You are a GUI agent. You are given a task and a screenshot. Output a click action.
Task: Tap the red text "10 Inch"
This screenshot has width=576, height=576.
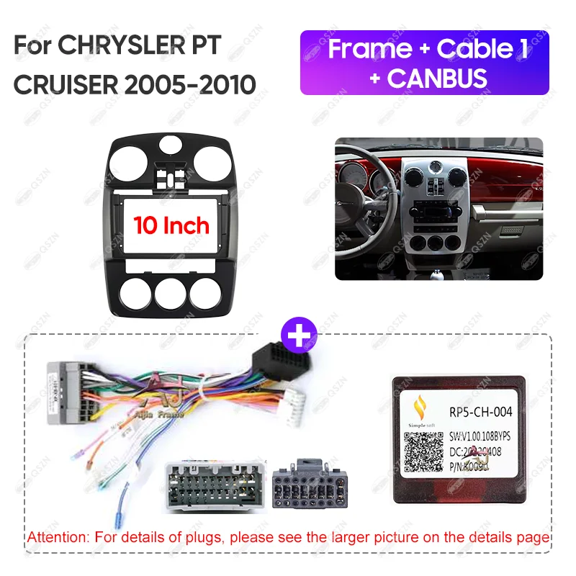(171, 225)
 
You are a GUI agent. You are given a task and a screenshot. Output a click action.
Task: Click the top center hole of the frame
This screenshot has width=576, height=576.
(171, 143)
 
